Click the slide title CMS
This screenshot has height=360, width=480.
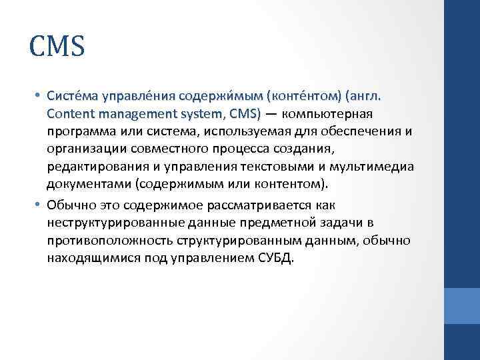tap(57, 47)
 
